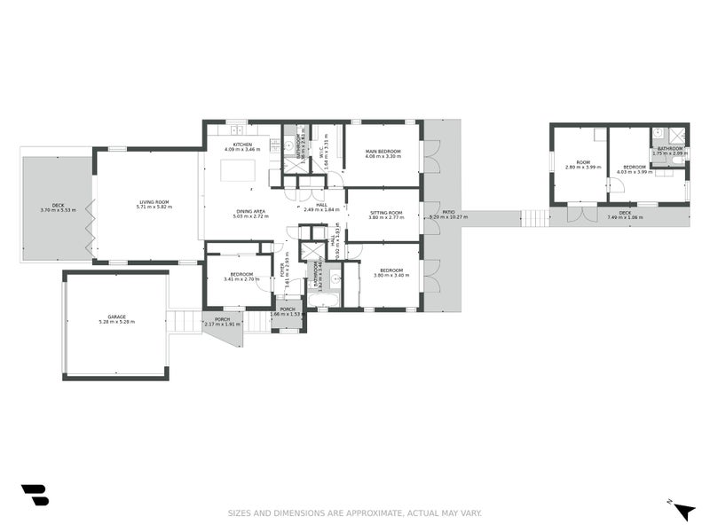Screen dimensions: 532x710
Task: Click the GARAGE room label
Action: click(116, 317)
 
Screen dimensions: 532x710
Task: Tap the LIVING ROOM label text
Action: click(154, 202)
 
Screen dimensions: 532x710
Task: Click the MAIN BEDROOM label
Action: click(383, 152)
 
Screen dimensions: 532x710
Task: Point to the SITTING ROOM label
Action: click(385, 212)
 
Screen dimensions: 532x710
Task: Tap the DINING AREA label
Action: click(250, 211)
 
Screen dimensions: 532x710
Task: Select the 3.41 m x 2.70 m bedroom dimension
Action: click(242, 279)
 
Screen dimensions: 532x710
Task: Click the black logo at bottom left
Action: click(35, 495)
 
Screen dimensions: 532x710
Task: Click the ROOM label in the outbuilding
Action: click(582, 162)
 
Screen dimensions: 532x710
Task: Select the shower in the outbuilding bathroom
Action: click(676, 135)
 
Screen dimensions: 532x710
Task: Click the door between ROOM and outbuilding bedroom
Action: click(608, 184)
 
